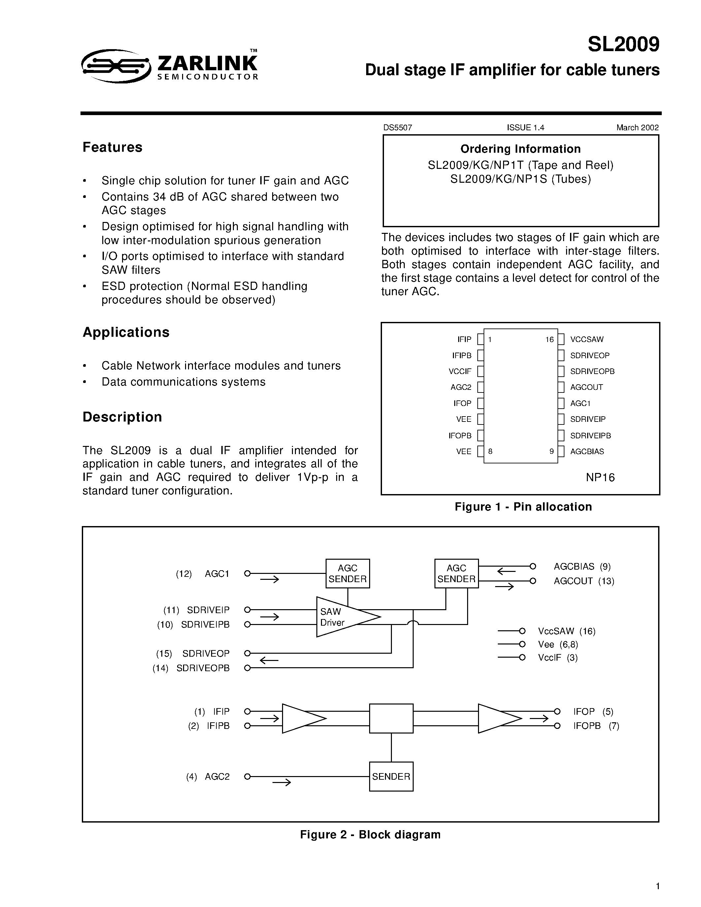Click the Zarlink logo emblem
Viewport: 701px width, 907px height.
(116, 66)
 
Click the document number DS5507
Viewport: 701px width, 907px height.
(398, 128)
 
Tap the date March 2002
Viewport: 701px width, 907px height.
(637, 128)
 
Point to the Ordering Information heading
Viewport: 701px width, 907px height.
(520, 149)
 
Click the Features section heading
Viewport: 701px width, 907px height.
(112, 147)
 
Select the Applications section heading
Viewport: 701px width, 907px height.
(126, 332)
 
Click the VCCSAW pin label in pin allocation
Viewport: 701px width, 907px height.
(587, 339)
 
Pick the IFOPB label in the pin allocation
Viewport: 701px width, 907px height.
(460, 436)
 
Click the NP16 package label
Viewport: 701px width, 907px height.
(600, 477)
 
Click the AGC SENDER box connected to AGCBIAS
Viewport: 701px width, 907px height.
(457, 574)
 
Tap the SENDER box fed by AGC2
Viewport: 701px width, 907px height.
(391, 777)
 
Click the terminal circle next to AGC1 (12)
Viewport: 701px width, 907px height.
(247, 574)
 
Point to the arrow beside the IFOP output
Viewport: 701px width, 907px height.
(539, 718)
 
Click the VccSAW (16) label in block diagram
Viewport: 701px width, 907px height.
(566, 631)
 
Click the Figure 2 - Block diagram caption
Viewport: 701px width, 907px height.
(370, 835)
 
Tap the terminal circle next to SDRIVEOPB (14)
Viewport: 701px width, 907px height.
(247, 668)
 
